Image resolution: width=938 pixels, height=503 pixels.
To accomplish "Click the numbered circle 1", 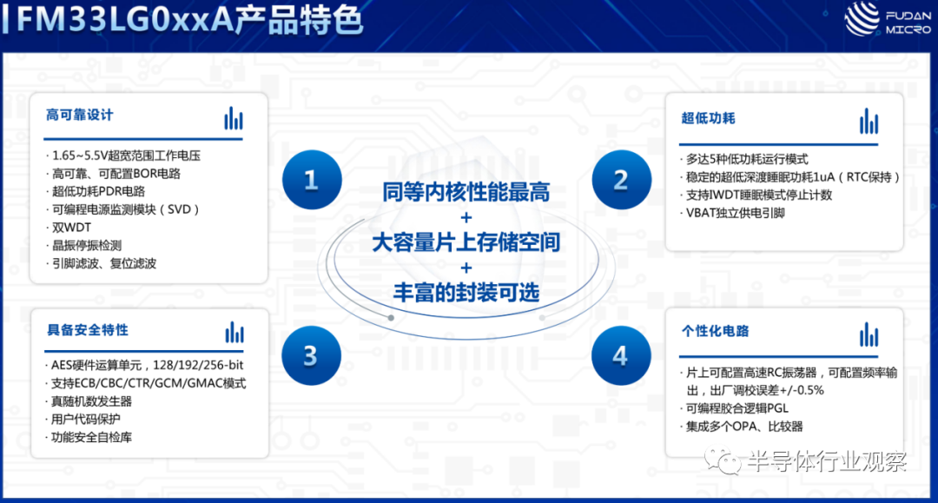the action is [x=312, y=180].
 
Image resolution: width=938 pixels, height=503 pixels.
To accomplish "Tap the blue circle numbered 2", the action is [x=622, y=180].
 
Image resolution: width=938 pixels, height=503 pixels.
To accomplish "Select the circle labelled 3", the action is [x=311, y=355].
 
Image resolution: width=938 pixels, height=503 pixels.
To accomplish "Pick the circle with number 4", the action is [x=621, y=355].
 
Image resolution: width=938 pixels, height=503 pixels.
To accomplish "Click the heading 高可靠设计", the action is [x=80, y=115].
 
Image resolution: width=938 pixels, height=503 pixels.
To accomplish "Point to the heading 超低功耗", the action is [x=709, y=118].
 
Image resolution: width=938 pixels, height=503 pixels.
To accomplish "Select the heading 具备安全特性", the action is [x=88, y=330].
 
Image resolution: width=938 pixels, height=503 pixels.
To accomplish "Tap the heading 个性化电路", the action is [x=716, y=331].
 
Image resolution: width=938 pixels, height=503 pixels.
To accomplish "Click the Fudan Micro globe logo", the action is [x=862, y=18].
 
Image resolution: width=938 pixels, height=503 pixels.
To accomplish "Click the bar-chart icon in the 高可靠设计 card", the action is [x=234, y=118].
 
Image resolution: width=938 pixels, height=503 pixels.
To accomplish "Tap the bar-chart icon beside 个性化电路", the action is [x=869, y=335].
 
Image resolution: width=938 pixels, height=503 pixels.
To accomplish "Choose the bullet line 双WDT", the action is [x=69, y=228].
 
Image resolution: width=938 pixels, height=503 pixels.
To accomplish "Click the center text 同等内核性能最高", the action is [x=466, y=192].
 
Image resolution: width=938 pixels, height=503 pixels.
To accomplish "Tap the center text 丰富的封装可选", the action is [x=466, y=293].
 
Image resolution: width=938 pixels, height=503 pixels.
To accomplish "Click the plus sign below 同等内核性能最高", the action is [x=466, y=217].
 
